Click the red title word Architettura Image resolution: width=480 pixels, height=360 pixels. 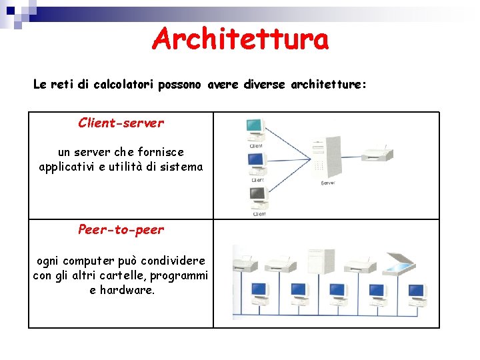(240, 39)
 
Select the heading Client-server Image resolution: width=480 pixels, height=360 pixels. (121, 123)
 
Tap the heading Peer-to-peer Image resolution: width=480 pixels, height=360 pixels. (121, 229)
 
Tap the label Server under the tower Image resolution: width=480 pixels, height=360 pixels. (328, 183)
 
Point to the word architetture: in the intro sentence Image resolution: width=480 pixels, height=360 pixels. (329, 85)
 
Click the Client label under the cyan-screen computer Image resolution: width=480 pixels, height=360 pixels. (256, 145)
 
